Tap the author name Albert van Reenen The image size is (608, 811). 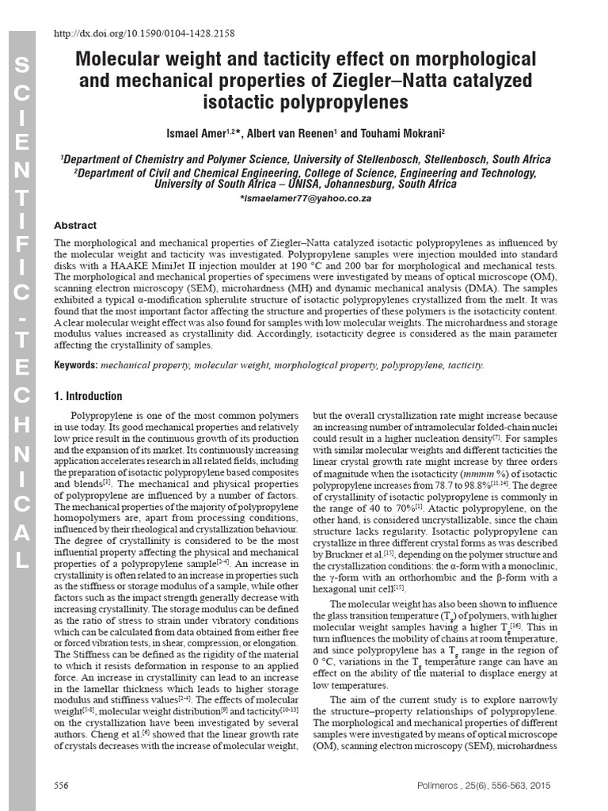(x=294, y=131)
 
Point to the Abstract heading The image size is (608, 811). (x=74, y=226)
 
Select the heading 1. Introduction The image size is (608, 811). (x=88, y=396)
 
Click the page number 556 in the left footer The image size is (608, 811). (x=61, y=785)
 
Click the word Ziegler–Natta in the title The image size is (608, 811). (x=427, y=81)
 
